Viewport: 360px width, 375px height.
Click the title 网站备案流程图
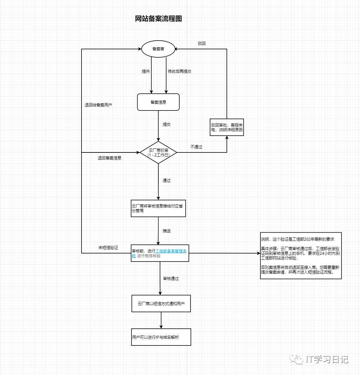click(158, 19)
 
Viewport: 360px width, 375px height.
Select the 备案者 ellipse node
click(158, 49)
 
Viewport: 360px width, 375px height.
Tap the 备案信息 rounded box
click(158, 102)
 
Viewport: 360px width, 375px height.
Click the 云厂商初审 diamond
click(158, 152)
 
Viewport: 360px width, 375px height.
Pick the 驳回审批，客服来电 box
click(227, 127)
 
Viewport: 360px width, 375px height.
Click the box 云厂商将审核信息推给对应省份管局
click(158, 208)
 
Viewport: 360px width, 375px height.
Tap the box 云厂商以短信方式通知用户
click(161, 304)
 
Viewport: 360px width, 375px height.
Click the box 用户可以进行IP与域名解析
click(161, 337)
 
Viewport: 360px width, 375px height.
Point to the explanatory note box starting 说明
click(301, 255)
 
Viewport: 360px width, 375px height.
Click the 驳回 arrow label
click(202, 44)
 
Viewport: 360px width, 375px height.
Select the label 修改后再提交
click(179, 72)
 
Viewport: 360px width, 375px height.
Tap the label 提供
click(146, 72)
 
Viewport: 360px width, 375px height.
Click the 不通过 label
click(196, 147)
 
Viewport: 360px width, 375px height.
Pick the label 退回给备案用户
click(98, 105)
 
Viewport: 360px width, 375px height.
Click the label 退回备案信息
click(109, 158)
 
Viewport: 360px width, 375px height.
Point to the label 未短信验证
click(108, 248)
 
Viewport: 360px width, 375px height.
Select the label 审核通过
click(171, 279)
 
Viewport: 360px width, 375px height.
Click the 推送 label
click(167, 231)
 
